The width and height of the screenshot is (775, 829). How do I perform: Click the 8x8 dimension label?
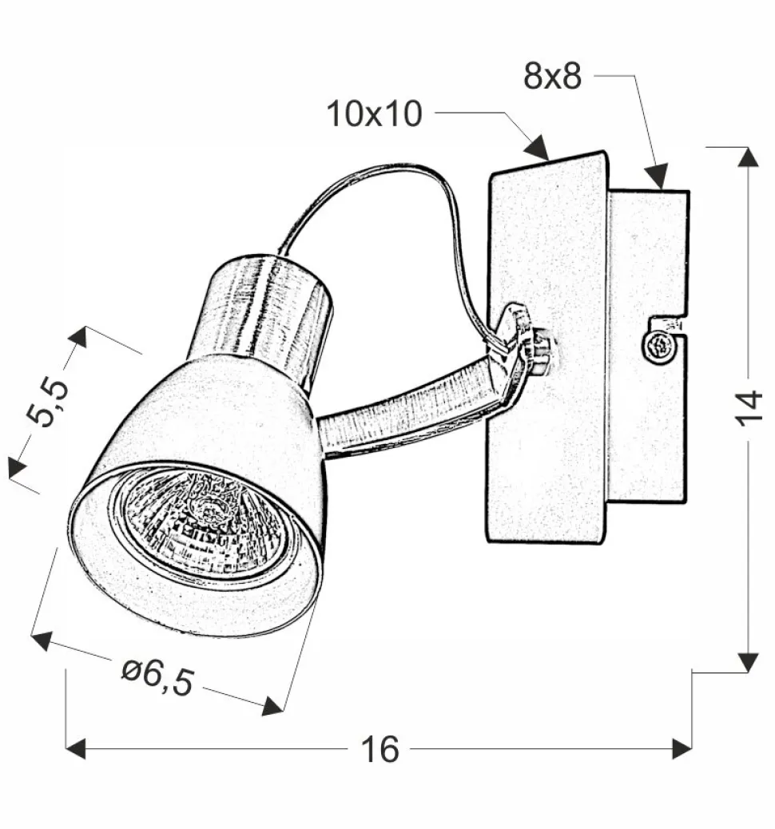[552, 76]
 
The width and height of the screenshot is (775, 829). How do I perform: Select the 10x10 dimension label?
[375, 113]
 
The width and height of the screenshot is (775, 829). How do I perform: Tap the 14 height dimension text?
[749, 407]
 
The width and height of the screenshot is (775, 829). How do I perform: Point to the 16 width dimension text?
[380, 749]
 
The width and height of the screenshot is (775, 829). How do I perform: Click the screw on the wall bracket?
[661, 347]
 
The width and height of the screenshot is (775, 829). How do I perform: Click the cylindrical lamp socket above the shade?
[268, 315]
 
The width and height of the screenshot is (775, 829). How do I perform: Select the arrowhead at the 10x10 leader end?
[538, 146]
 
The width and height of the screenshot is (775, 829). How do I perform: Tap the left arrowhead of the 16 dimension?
[75, 749]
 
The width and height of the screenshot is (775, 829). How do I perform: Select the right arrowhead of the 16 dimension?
[682, 749]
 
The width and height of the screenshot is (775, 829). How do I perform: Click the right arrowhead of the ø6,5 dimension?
[272, 705]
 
